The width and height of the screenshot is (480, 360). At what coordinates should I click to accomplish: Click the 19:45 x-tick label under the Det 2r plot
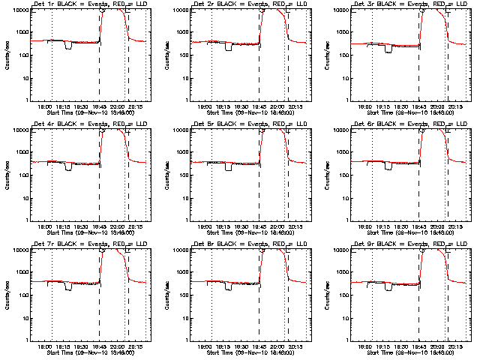tap(259, 106)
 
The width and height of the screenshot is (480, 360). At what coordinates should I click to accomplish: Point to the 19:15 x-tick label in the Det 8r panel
tap(226, 346)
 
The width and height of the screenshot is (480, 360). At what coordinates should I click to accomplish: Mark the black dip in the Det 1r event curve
tap(68, 47)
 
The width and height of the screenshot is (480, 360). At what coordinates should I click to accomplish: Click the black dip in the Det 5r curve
tap(229, 167)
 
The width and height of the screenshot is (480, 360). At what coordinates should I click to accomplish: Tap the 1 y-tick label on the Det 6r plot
tap(349, 220)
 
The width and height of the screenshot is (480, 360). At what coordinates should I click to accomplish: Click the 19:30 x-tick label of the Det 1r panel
tap(82, 106)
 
